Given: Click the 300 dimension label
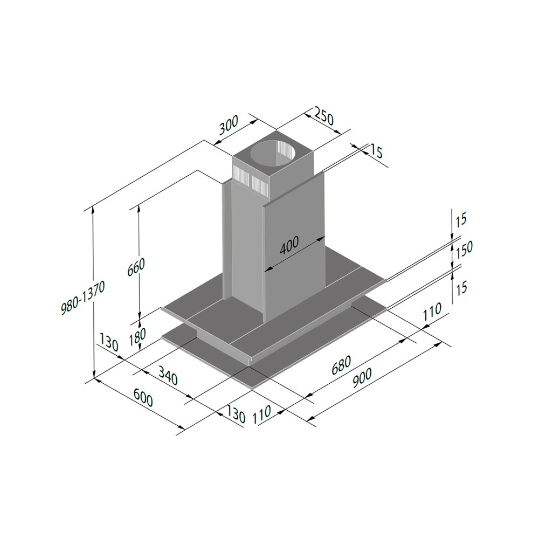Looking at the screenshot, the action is pos(229,125).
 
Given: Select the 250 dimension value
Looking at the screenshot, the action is pos(324,117).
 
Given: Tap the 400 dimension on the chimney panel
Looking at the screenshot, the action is pos(289,245).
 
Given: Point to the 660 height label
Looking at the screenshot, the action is pos(136,267).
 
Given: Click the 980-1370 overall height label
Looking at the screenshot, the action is pos(83,298).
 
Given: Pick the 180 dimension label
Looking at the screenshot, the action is pos(137,337).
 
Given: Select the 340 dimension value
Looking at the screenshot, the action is pos(168,375).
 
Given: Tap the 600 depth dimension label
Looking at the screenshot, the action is pos(143,397).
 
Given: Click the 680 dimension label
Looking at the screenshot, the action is pos(341,365).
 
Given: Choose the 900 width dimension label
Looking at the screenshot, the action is pos(362,378).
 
